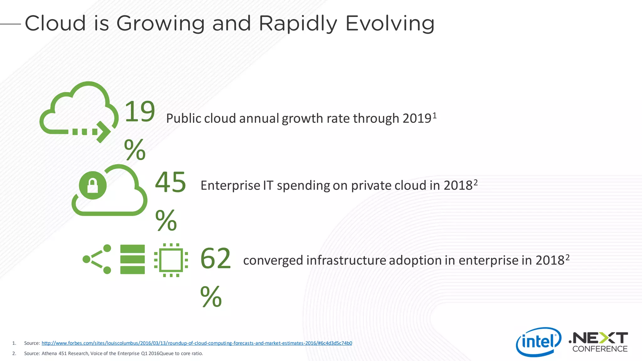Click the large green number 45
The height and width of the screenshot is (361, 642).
(171, 182)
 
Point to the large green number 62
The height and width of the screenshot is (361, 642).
(215, 259)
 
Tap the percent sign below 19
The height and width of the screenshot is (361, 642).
(135, 149)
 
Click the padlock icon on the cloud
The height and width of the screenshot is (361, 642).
(92, 186)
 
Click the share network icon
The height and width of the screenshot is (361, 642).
(97, 259)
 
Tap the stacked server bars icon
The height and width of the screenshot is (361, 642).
(133, 259)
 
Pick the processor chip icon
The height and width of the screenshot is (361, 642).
(171, 260)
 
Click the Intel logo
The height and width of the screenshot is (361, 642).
(538, 342)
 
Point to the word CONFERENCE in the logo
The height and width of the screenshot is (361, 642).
(600, 349)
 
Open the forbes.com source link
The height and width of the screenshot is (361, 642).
(197, 343)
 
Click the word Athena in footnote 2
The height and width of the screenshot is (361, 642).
(49, 353)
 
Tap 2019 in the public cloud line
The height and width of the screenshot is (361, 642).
(417, 118)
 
